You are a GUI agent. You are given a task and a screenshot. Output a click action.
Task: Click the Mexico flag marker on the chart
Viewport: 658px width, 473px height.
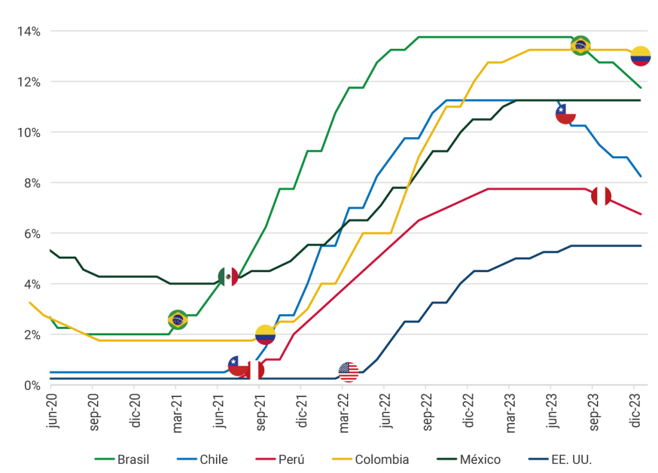point(228,277)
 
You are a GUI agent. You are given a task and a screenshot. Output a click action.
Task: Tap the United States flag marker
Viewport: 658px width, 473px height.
point(348,372)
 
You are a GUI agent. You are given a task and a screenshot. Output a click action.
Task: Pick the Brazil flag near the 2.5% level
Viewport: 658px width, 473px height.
point(178,319)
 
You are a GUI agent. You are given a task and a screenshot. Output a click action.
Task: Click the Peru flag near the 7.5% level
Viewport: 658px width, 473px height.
point(601,196)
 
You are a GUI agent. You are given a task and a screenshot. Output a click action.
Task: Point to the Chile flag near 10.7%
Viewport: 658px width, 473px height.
point(565,115)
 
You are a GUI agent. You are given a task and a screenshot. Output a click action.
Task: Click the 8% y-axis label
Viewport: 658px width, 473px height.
point(31,183)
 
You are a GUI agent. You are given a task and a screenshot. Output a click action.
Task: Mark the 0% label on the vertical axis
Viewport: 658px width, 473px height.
point(31,385)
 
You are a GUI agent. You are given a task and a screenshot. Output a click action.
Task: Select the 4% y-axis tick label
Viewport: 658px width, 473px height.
point(31,284)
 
